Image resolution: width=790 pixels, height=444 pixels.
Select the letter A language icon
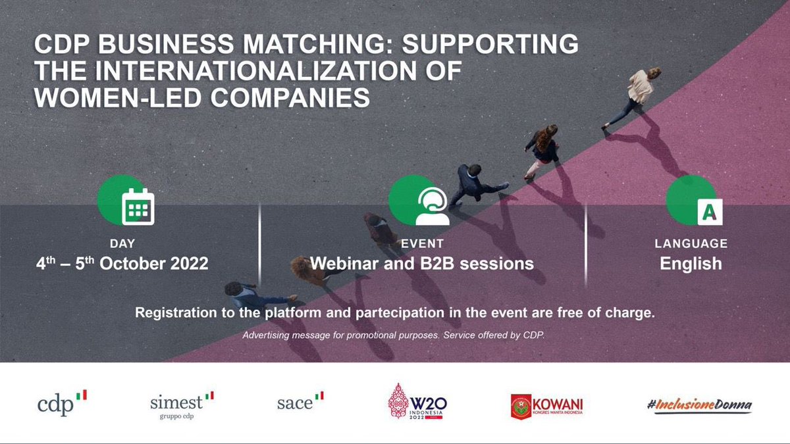pos(709,210)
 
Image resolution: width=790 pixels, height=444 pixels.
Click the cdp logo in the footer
pos(63,403)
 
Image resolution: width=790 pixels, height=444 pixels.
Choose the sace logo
pos(300,402)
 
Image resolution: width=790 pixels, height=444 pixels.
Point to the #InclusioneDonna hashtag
pos(699,405)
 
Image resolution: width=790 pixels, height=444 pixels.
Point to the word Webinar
pos(345,264)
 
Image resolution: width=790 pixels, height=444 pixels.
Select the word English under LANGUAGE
pos(691,264)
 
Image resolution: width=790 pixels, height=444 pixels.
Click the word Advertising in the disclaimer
pos(268,335)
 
